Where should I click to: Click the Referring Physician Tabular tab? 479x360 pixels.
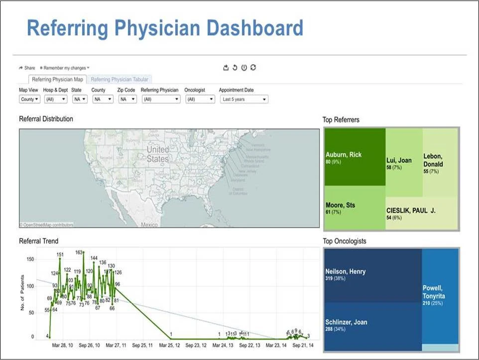(120, 79)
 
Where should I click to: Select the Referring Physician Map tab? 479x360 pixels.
(57, 79)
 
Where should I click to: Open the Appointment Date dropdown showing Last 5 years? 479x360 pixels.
(243, 99)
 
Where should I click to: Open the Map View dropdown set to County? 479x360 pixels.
(29, 99)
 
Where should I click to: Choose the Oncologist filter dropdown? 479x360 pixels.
(200, 99)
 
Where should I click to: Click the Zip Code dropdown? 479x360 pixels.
(127, 99)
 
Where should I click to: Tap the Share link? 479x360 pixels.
(27, 68)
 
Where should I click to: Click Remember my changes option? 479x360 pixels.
(64, 68)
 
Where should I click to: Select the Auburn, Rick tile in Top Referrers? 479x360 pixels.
(355, 157)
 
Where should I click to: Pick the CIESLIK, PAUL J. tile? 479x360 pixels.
(422, 213)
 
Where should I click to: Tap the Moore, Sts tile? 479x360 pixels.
(355, 208)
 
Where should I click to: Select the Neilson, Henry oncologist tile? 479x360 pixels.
(372, 274)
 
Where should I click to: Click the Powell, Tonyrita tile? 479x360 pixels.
(440, 295)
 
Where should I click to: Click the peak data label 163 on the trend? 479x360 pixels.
(79, 252)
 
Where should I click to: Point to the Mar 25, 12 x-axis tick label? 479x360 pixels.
(170, 345)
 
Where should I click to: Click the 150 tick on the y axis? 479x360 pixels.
(30, 259)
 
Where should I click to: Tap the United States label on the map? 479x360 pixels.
(158, 154)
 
